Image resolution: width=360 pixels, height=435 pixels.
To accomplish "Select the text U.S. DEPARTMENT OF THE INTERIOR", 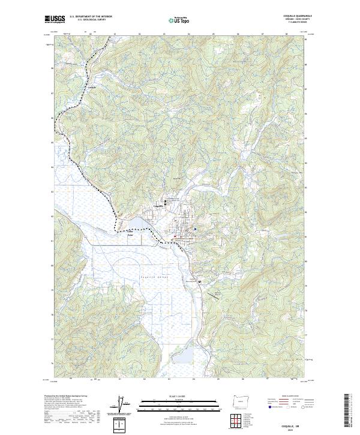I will (x=91, y=17).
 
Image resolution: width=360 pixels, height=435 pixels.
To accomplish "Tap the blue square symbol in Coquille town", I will (x=195, y=229).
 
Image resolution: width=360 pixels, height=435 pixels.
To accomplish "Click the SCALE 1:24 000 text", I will (x=180, y=396).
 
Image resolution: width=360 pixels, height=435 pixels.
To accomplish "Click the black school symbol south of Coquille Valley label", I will (x=200, y=282).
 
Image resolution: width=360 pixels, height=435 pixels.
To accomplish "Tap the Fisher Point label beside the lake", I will (x=130, y=235).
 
